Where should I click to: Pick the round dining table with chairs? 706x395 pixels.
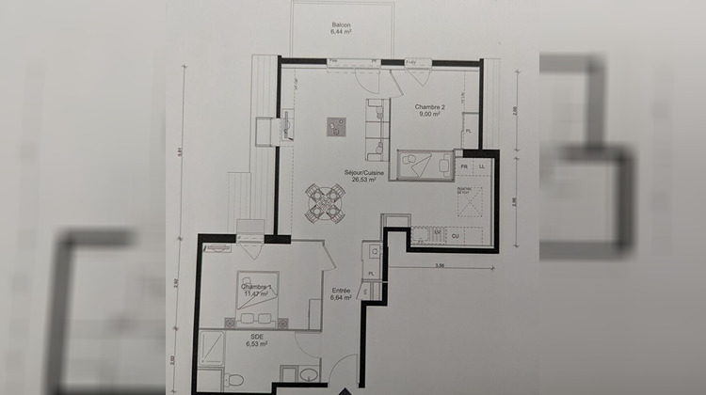click(x=325, y=201)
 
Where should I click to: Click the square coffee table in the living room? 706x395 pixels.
click(x=335, y=128)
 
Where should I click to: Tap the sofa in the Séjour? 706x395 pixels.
click(x=376, y=129)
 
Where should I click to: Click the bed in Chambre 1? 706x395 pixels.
click(x=254, y=293)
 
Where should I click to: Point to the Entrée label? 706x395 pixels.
click(x=341, y=291)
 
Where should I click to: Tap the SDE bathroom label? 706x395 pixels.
click(x=255, y=338)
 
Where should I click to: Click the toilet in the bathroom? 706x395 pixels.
click(x=237, y=380)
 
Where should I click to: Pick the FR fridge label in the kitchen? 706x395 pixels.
click(x=463, y=166)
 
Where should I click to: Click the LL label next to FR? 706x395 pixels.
click(x=482, y=166)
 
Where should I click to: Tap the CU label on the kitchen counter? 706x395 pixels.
click(x=456, y=235)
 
